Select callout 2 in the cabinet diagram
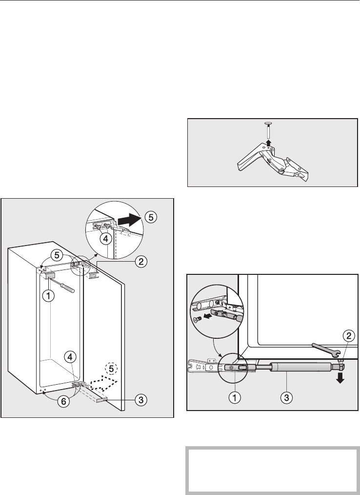pyautogui.click(x=140, y=262)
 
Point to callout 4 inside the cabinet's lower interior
pyautogui.click(x=71, y=357)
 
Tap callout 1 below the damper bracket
pyautogui.click(x=234, y=397)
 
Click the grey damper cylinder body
pyautogui.click(x=302, y=367)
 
